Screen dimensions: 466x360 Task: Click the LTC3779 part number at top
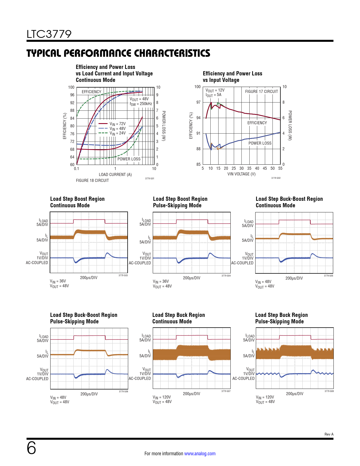pos(49,34)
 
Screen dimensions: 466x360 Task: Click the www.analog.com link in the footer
pos(200,454)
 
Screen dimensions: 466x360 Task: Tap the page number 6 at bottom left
pos(31,448)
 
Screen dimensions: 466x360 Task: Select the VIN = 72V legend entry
pos(117,124)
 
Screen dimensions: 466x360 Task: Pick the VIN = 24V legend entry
pos(117,133)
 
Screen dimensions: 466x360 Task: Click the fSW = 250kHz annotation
pos(141,104)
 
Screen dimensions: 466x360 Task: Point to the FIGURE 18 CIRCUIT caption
pos(92,180)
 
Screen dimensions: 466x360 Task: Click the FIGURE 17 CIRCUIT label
pos(261,92)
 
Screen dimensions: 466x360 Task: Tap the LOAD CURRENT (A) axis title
pos(115,175)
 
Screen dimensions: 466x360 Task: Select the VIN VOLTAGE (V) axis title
pos(241,174)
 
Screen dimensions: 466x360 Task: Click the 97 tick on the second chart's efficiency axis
pos(198,102)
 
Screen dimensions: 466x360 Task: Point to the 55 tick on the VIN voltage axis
pos(280,168)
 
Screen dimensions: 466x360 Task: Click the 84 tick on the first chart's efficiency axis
pos(72,118)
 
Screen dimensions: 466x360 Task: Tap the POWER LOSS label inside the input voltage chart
pos(260,143)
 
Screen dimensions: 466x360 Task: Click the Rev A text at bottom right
pos(329,434)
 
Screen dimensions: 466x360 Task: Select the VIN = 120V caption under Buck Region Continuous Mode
pos(162,397)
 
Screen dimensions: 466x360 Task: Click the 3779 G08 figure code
pos(329,391)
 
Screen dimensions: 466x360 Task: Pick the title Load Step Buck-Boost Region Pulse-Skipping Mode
pos(84,318)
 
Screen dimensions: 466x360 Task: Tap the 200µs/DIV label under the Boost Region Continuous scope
pos(89,278)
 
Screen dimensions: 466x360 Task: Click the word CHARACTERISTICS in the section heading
pos(172,53)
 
